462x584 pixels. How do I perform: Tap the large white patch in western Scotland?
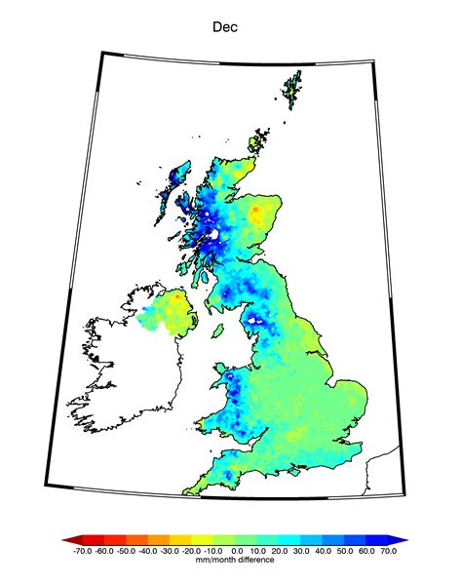[212, 235]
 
